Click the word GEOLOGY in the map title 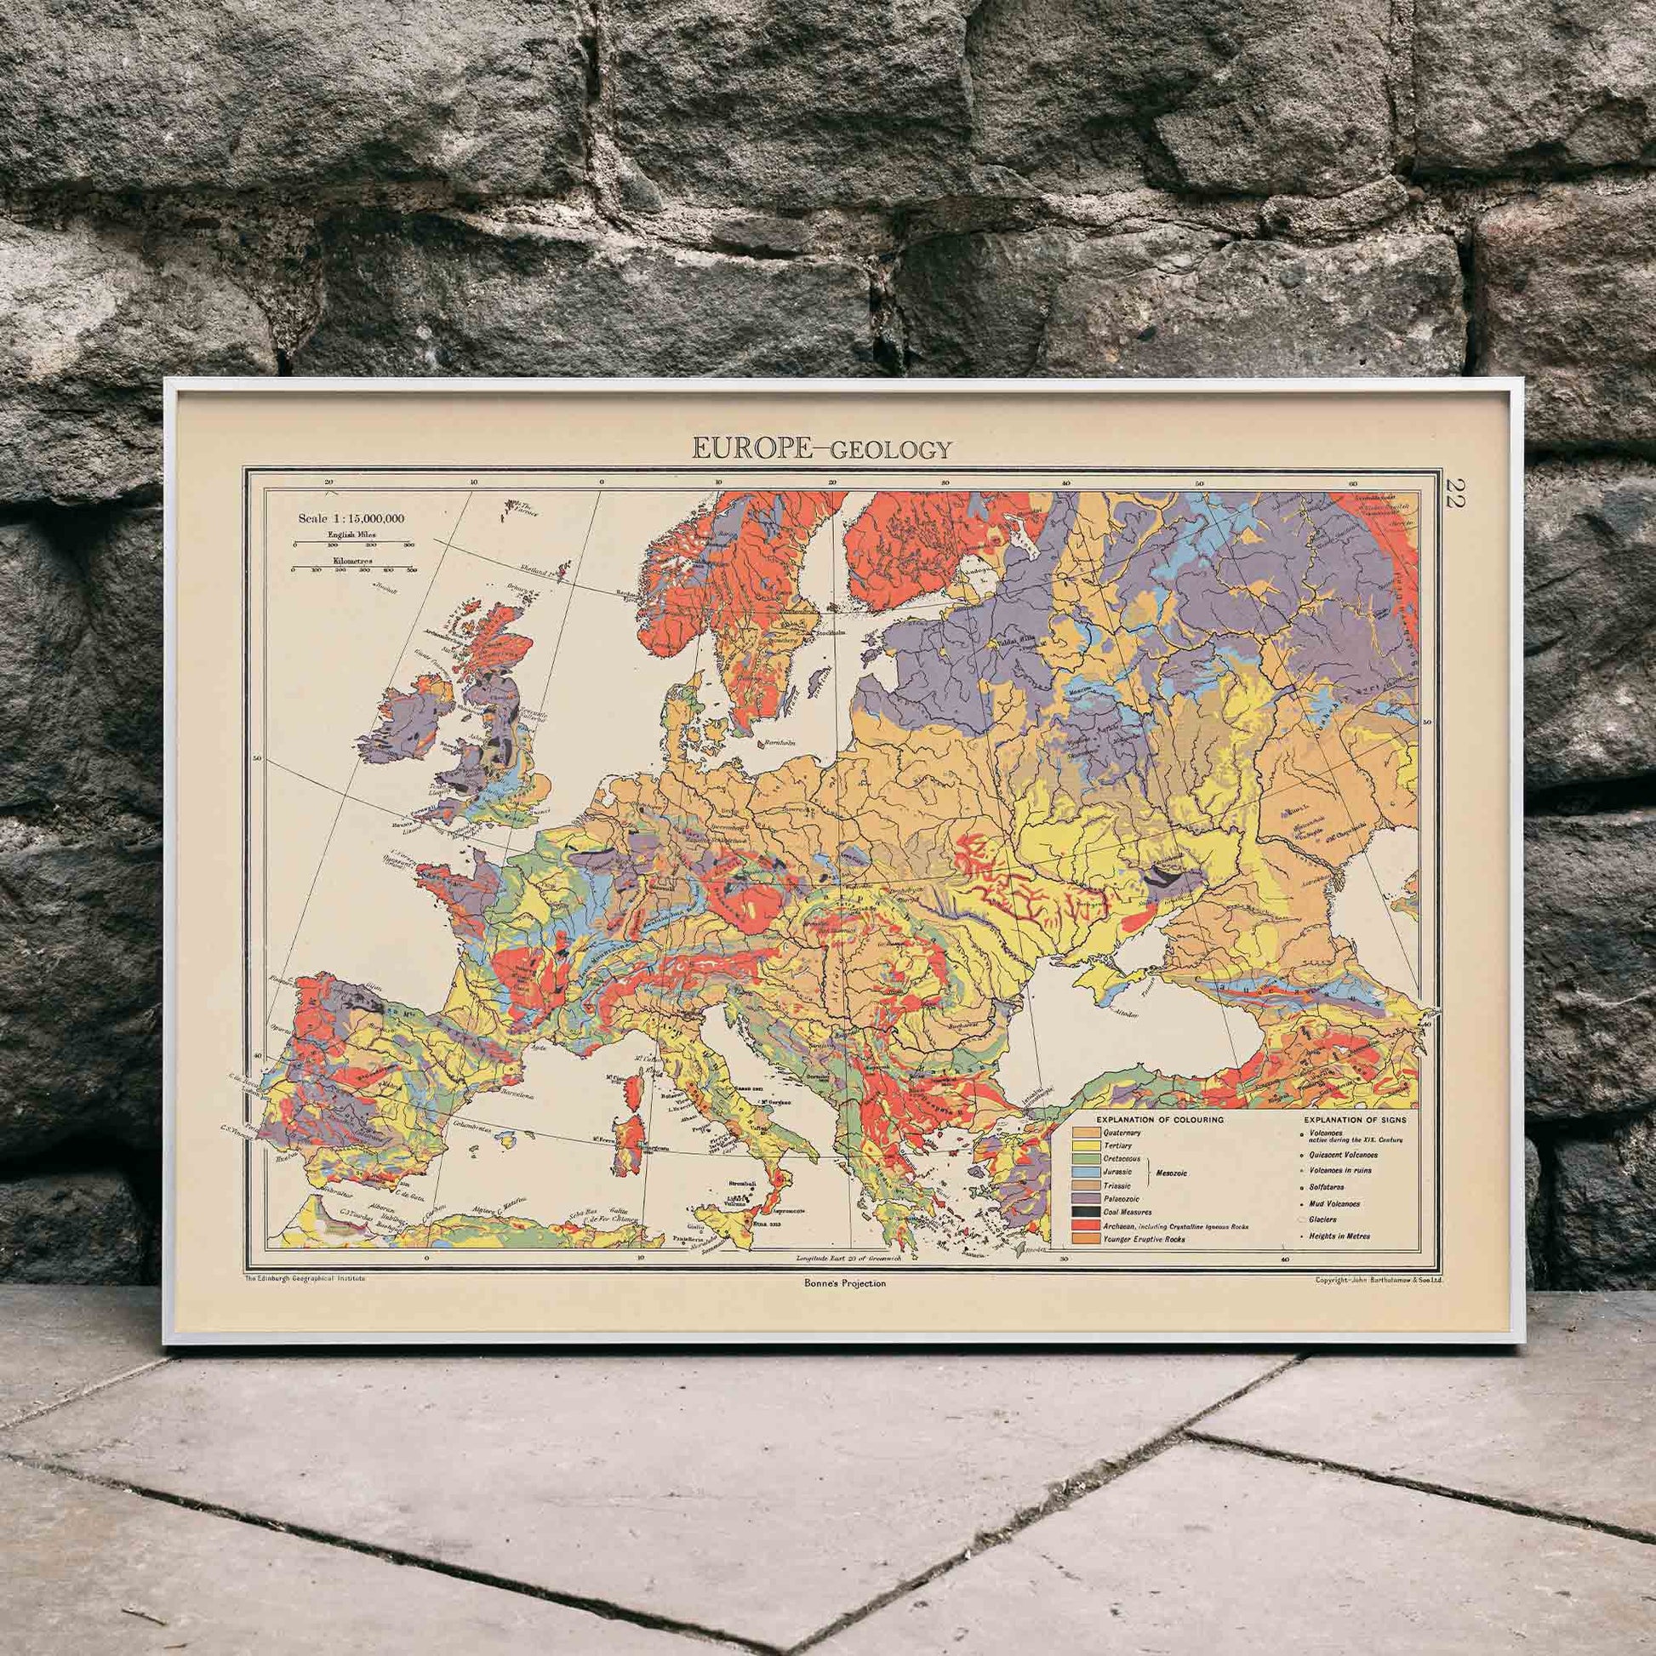coord(886,449)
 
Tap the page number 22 coord(1455,495)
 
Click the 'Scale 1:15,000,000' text coord(351,517)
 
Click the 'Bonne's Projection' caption coord(839,1283)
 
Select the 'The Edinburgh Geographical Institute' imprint coord(306,1277)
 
